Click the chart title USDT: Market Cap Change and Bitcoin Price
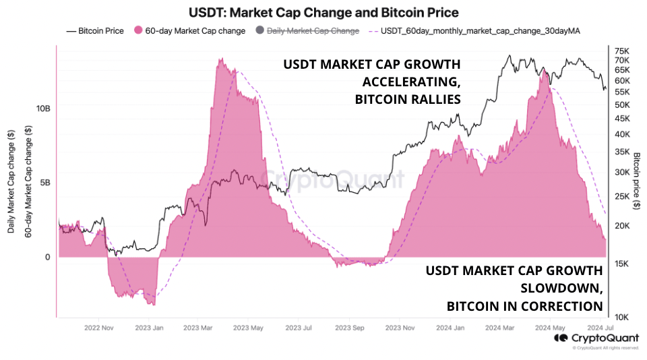323,13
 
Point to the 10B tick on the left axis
43,109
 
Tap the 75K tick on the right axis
622,51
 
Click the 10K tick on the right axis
622,317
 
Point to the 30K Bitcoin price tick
622,172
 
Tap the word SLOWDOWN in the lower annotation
560,289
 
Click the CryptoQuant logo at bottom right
596,338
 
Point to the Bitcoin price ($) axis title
637,182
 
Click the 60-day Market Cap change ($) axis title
28,182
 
